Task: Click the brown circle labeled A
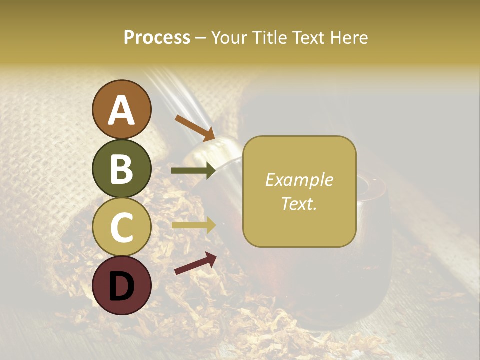(x=121, y=109)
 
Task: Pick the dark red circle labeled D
(x=121, y=285)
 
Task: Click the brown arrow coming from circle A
(x=194, y=128)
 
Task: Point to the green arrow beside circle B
(x=193, y=171)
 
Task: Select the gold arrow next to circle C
(x=193, y=225)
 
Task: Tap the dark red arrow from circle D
(x=195, y=263)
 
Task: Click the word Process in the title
(x=157, y=38)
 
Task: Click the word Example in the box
(x=299, y=180)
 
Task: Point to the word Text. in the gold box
(x=299, y=203)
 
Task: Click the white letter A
(x=121, y=111)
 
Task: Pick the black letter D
(x=121, y=286)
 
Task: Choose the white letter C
(x=121, y=227)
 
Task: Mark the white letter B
(x=121, y=169)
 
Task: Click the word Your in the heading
(x=229, y=38)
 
